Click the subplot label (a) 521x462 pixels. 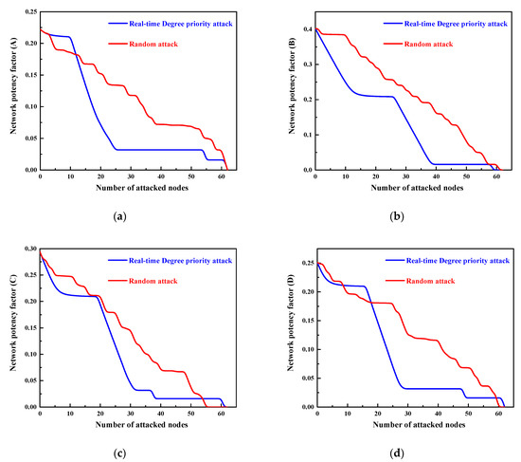(118, 217)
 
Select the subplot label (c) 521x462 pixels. (118, 453)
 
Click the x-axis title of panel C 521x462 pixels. (134, 427)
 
